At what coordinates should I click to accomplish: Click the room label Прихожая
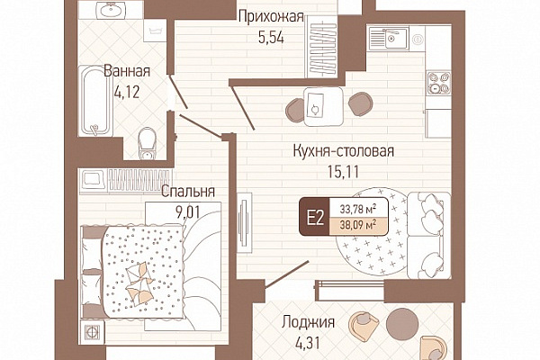(x=271, y=16)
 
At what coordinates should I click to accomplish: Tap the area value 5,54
(x=271, y=37)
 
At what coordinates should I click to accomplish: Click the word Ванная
(x=127, y=71)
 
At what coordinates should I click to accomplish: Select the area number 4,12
(x=127, y=92)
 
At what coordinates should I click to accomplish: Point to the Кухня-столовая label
(x=344, y=151)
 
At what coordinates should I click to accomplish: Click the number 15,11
(x=343, y=172)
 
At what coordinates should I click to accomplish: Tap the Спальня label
(x=188, y=192)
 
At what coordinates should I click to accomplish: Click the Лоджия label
(x=308, y=322)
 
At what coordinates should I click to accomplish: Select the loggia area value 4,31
(x=308, y=343)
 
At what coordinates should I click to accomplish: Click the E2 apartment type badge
(x=314, y=217)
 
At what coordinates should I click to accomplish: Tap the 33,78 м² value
(x=358, y=209)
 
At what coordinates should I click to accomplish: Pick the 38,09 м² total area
(x=358, y=226)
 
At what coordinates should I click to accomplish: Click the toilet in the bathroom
(x=148, y=144)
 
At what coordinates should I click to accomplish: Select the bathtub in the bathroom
(x=95, y=101)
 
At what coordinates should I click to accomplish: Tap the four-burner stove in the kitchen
(x=439, y=83)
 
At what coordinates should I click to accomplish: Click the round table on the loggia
(x=402, y=323)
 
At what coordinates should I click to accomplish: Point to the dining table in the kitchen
(x=323, y=106)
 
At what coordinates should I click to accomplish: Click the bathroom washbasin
(x=111, y=10)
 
